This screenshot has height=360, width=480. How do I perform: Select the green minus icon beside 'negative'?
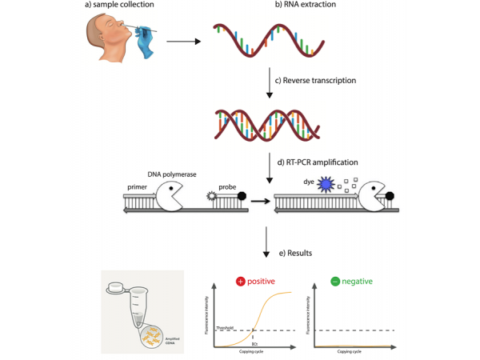click(337, 282)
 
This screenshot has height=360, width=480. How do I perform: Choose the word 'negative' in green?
click(360, 282)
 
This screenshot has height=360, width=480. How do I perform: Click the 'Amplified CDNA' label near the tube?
click(172, 340)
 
